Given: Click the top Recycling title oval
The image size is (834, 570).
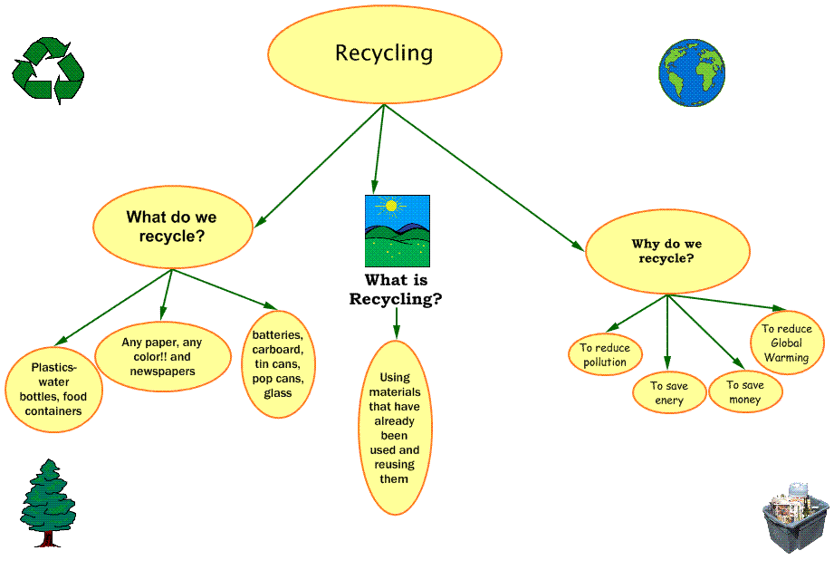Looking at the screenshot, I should coord(384,53).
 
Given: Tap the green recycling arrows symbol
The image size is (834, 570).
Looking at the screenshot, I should coord(48,70).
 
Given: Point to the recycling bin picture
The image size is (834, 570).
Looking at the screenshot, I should coord(795,517).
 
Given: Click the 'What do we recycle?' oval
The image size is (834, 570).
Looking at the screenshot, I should coord(172,227).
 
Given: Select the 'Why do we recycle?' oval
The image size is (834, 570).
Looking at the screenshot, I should coord(667,251).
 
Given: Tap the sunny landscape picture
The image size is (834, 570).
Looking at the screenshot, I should coord(397,231).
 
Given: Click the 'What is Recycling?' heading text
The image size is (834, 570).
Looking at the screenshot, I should coord(396,290).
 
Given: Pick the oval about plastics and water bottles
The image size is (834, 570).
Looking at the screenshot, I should coord(55,390).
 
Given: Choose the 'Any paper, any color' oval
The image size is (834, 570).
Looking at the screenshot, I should coord(162,357).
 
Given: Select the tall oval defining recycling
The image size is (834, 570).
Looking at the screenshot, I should coord(395,428).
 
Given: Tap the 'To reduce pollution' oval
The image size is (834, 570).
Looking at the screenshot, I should coord(605,355).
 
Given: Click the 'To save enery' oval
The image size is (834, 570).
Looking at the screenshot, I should coord(669,392).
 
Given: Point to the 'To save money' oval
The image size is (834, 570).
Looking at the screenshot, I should coord(745,391).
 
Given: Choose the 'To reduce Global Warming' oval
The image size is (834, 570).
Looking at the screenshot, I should coord(787,343).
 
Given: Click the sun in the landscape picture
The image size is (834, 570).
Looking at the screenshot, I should coord(391,206).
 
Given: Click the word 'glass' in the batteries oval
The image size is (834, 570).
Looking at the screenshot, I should coord(278,393).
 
